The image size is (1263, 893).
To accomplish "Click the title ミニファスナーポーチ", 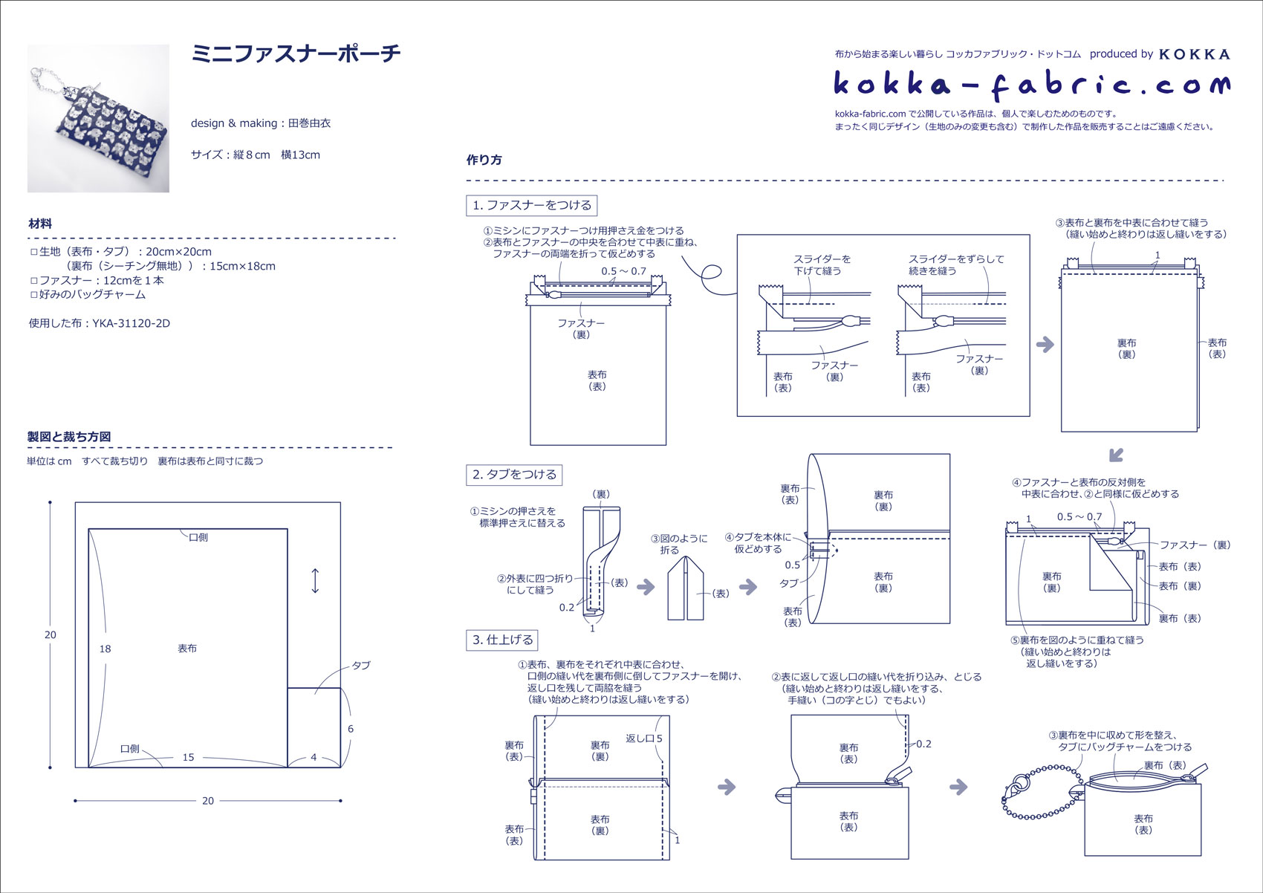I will (296, 53).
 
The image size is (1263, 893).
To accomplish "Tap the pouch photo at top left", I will (98, 118).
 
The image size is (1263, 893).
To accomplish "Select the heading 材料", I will (40, 224).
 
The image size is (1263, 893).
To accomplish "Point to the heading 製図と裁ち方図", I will (69, 437).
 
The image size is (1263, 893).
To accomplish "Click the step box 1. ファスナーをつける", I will (532, 205).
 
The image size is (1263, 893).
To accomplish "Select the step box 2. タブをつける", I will (514, 475).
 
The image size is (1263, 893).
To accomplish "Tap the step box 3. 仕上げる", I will (502, 640).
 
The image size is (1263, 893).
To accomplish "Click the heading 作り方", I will (484, 160).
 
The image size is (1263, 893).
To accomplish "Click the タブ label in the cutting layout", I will (361, 666).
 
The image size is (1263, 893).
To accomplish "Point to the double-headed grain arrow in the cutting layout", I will (315, 581).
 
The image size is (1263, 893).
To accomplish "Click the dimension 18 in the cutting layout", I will (105, 649).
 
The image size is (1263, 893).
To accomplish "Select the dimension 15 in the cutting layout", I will (189, 758).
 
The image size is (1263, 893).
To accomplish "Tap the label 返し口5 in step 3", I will (643, 738).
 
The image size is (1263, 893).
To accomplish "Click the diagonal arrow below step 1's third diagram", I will (1115, 455).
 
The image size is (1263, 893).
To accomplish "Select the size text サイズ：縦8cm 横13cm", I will (256, 155).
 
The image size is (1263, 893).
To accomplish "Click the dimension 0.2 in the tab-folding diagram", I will (567, 608).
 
